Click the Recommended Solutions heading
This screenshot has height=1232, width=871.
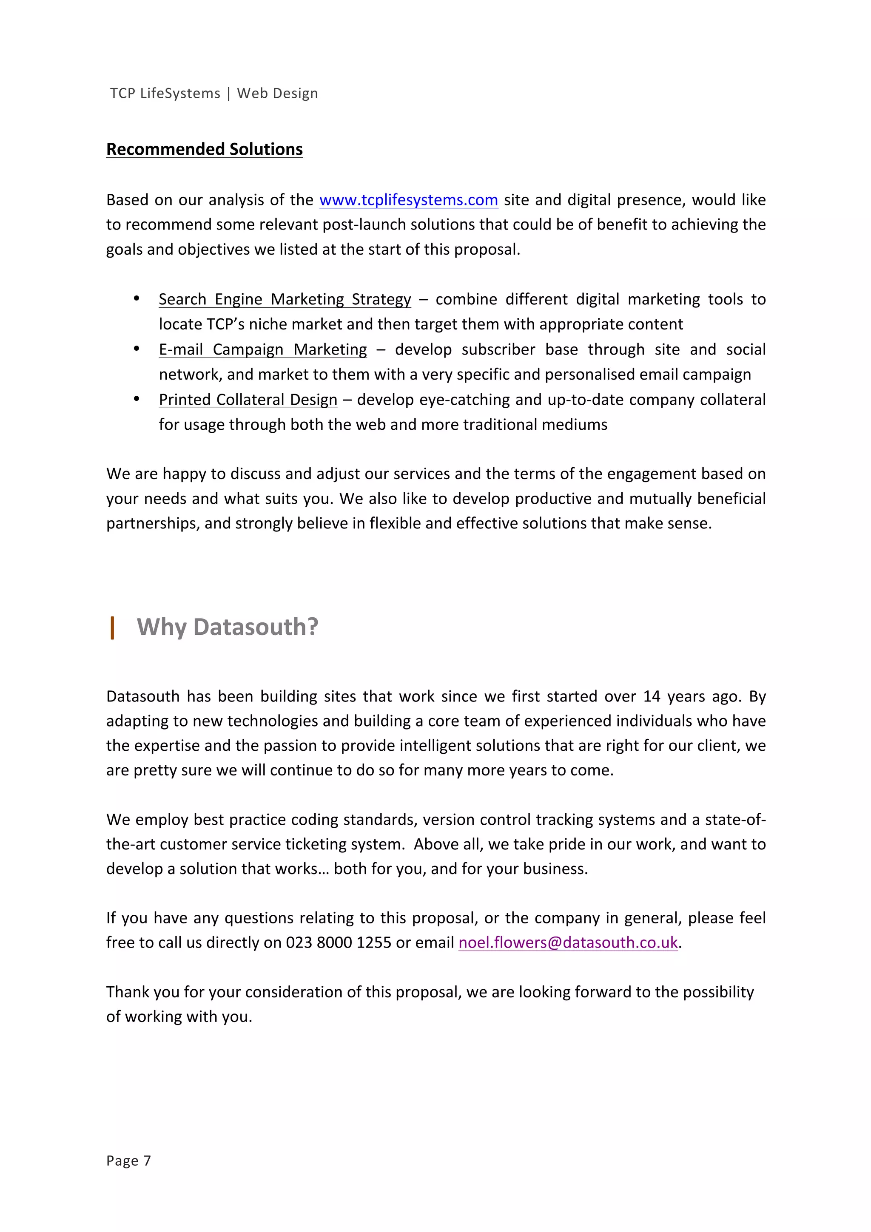[x=204, y=149]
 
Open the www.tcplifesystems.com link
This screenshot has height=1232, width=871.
[x=408, y=200]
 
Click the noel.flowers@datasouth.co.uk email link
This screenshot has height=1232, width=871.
[x=568, y=943]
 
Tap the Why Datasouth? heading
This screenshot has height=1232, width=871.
[x=227, y=627]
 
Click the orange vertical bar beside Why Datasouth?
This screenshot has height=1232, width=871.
[x=112, y=628]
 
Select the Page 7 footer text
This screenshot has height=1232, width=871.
[x=128, y=1161]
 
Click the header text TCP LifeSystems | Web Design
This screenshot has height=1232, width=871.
[x=213, y=94]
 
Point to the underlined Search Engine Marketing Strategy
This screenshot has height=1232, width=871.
[x=285, y=299]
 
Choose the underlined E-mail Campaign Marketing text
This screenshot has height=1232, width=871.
[x=262, y=350]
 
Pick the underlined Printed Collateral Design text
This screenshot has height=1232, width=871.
[x=248, y=400]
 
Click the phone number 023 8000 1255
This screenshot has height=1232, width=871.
[x=338, y=943]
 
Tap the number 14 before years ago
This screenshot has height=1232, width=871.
[x=652, y=696]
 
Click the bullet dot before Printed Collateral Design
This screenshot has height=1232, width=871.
[x=137, y=399]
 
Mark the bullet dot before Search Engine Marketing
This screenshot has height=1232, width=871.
[x=137, y=299]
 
